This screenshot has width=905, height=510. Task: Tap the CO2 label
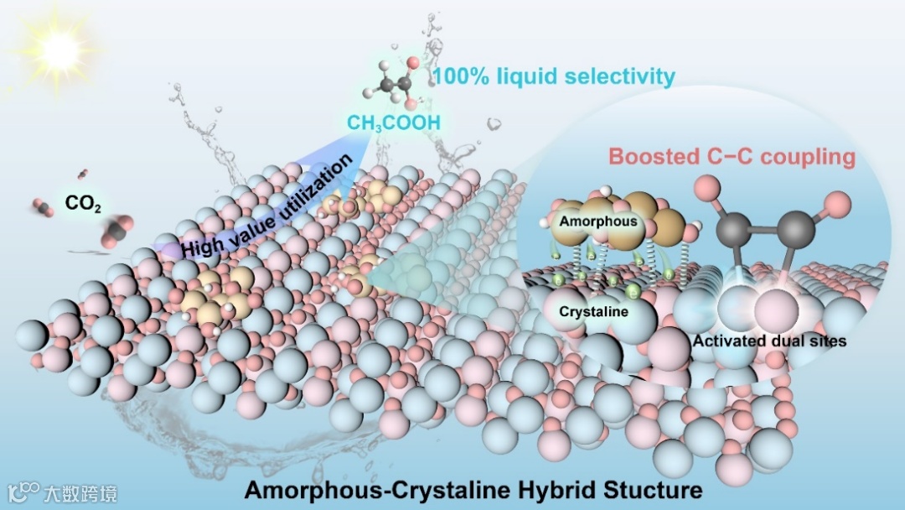coord(83,203)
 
